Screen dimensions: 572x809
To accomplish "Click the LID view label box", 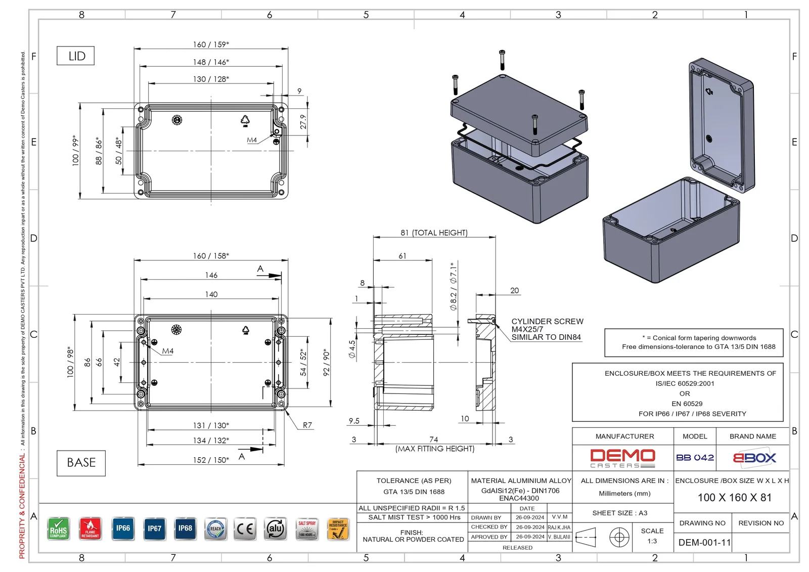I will pos(76,56).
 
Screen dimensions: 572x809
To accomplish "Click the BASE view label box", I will pos(81,463).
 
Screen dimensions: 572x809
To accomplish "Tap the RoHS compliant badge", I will pos(59,529).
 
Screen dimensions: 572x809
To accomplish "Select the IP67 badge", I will pos(154,529).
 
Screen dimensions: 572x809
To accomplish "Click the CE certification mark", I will pos(245,529).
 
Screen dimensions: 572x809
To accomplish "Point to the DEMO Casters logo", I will pos(622,458).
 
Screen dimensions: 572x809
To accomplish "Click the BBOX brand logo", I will pos(754,458).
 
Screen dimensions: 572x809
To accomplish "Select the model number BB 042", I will pos(695,458).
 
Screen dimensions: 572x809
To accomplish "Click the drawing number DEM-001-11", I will pos(704,543).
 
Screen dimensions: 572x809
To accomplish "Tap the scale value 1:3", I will pos(652,541).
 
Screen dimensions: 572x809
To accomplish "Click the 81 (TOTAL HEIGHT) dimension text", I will pos(434,233).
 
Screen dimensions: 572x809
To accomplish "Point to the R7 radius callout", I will pos(307,425).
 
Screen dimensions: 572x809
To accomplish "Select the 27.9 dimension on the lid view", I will pos(303,121).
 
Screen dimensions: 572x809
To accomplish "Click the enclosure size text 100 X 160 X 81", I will pos(735,498).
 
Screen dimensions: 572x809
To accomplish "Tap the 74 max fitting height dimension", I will pos(434,439).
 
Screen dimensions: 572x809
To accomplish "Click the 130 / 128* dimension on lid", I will pos(211,79).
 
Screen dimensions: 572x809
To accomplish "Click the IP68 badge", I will pos(185,529).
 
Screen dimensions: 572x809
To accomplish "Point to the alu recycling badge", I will pos(276,529).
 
